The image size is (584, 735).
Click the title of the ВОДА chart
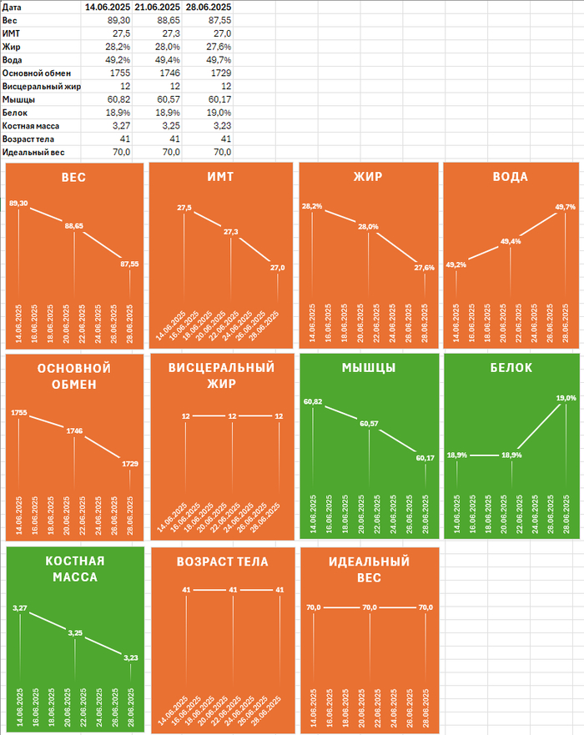[511, 178]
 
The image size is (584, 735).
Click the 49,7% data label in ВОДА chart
[565, 207]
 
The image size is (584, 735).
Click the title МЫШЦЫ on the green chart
[369, 369]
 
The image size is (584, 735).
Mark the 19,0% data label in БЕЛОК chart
[566, 399]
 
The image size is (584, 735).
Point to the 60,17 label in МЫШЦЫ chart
[425, 457]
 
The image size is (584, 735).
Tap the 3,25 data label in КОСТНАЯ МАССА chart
[74, 632]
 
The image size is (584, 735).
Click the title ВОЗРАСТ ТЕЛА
[223, 561]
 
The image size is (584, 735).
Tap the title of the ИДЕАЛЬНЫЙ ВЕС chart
[369, 569]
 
